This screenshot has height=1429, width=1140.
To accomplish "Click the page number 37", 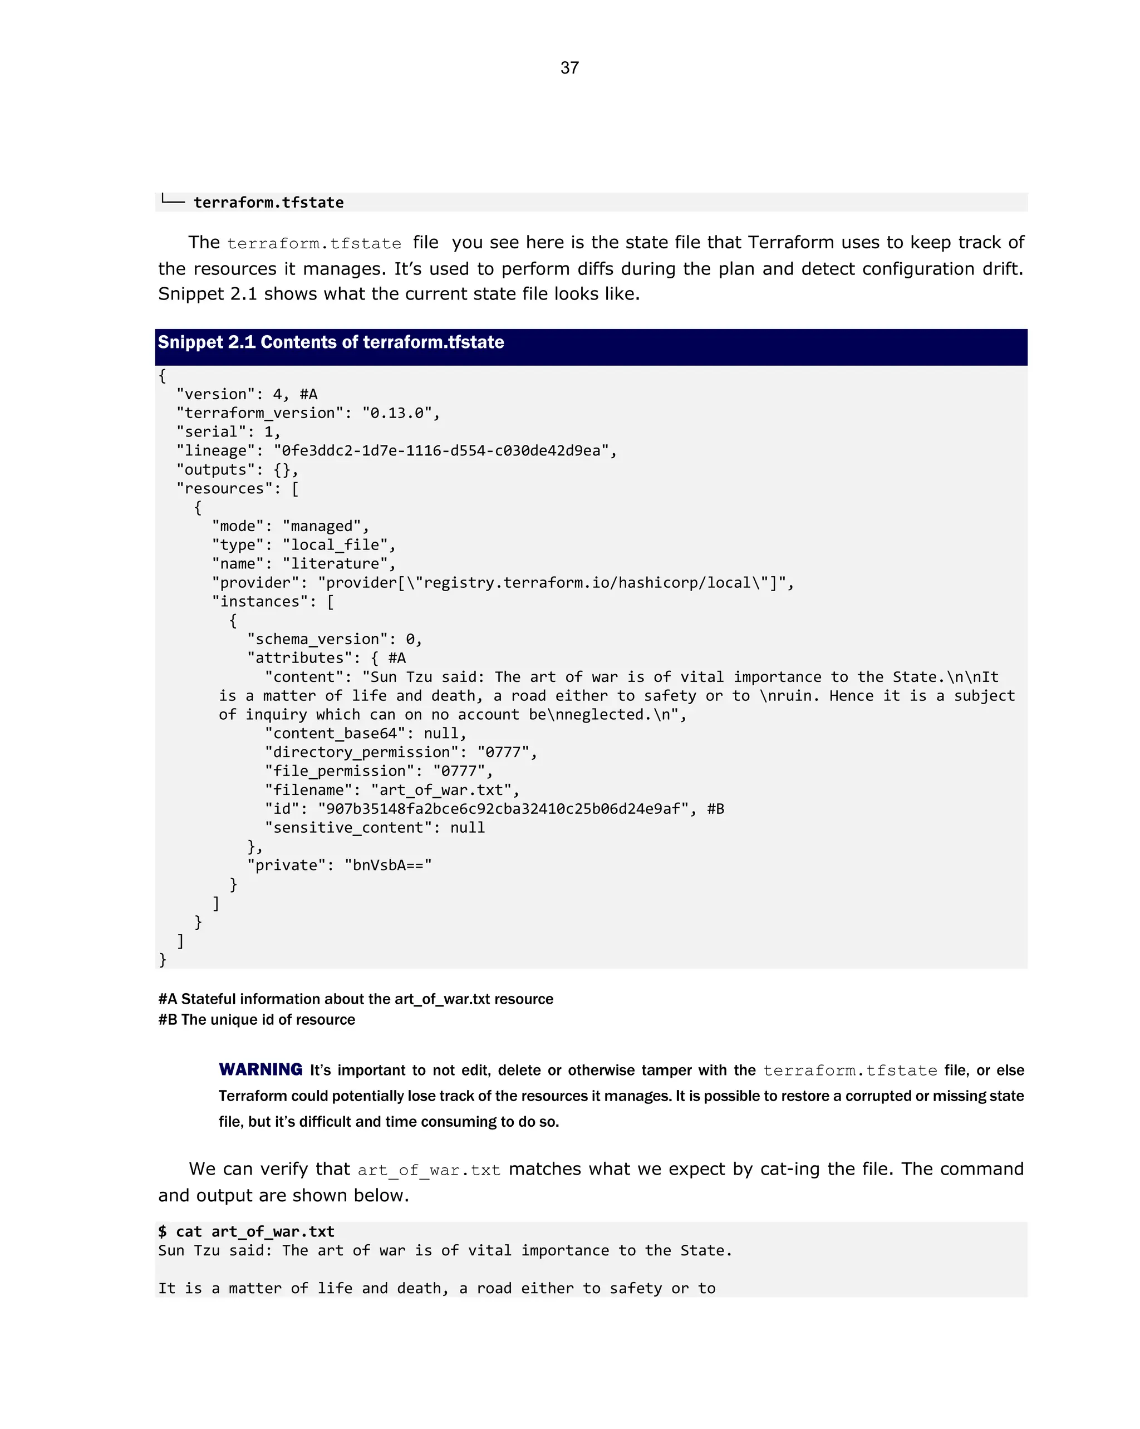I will click(x=569, y=67).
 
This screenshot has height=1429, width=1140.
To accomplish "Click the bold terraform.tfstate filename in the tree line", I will click(x=268, y=202).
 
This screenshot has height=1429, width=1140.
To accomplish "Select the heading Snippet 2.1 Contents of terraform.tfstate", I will click(x=331, y=342).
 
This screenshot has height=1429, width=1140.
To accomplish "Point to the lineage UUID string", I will click(x=441, y=451).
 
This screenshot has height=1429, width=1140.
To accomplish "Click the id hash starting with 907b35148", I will click(x=504, y=809).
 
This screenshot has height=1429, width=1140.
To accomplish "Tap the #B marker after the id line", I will click(x=716, y=809).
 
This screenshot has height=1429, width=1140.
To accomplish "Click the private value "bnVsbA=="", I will click(x=388, y=865).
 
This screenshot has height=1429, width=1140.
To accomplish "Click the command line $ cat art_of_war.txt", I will click(x=246, y=1231).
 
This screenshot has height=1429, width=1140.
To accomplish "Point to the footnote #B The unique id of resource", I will click(x=257, y=1019).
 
